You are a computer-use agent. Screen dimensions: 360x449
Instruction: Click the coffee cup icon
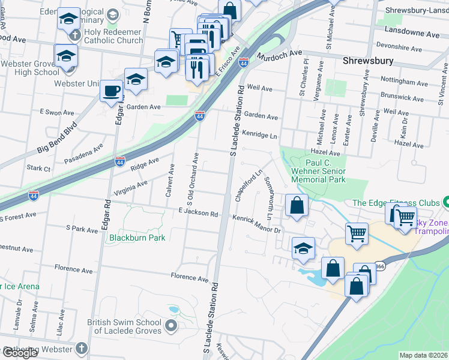pos(111,91)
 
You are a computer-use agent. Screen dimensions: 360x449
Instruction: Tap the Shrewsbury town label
pos(368,61)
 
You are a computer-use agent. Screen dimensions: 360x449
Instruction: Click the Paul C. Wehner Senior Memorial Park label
pos(318,171)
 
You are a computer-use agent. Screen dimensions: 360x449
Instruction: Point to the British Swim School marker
pos(171,326)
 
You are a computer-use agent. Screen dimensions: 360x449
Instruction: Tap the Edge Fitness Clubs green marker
pos(445,203)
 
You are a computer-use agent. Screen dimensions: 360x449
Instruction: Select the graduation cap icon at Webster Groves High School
pos(65,56)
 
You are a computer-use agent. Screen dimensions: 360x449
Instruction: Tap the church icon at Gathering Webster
pos(81,349)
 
